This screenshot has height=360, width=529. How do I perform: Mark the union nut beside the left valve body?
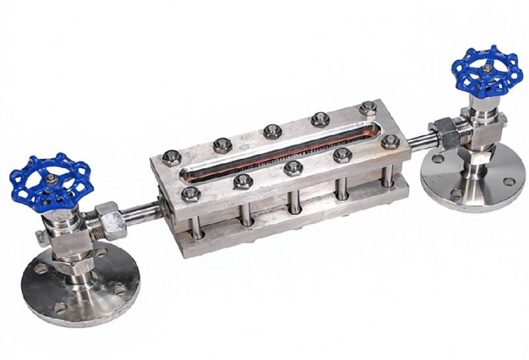[106, 218]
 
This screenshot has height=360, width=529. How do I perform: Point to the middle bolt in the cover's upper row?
[272, 131]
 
